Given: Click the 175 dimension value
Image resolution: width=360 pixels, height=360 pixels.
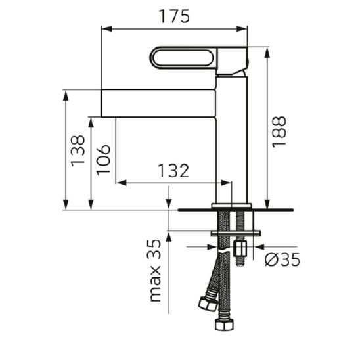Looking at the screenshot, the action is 174,16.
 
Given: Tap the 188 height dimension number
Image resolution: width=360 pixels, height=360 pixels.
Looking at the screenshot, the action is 279,132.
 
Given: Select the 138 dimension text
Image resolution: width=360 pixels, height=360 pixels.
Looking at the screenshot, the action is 78,151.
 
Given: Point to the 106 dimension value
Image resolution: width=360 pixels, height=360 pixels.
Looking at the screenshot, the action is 103,160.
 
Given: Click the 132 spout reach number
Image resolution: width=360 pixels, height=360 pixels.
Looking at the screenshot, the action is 173,171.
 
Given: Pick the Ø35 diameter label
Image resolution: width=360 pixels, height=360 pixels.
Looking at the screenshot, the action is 282,259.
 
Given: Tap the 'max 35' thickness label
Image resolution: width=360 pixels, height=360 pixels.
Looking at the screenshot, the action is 155,271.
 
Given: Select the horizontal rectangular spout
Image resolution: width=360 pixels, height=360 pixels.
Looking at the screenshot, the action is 158,103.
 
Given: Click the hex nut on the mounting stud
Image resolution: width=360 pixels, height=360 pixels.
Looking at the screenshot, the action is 240,248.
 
